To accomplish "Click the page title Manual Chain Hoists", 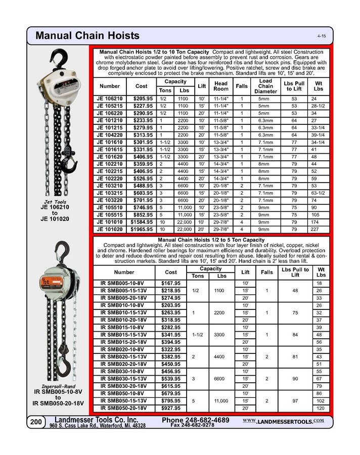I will [x=87, y=36].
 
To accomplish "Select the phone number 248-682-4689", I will [x=196, y=420].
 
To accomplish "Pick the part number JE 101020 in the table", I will [x=110, y=229].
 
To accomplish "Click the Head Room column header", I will [x=220, y=86].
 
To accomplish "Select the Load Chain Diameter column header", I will [x=265, y=86].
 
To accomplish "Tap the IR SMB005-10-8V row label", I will [x=124, y=284].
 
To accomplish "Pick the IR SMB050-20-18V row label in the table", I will [x=124, y=407].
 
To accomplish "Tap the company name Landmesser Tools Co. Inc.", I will [x=96, y=420].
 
